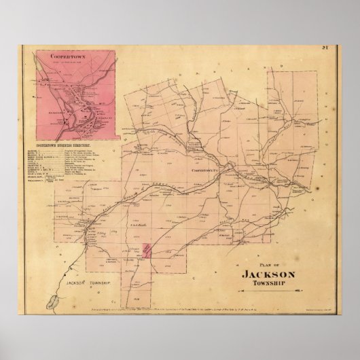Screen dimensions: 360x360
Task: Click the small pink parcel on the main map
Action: (x=143, y=251)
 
